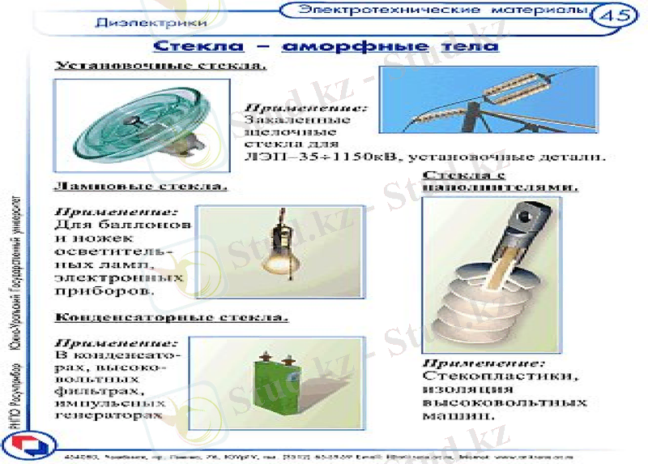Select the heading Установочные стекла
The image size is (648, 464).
(160, 66)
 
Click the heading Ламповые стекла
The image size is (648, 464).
(140, 186)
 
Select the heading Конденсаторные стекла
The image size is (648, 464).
(171, 316)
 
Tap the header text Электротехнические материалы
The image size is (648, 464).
(441, 10)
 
